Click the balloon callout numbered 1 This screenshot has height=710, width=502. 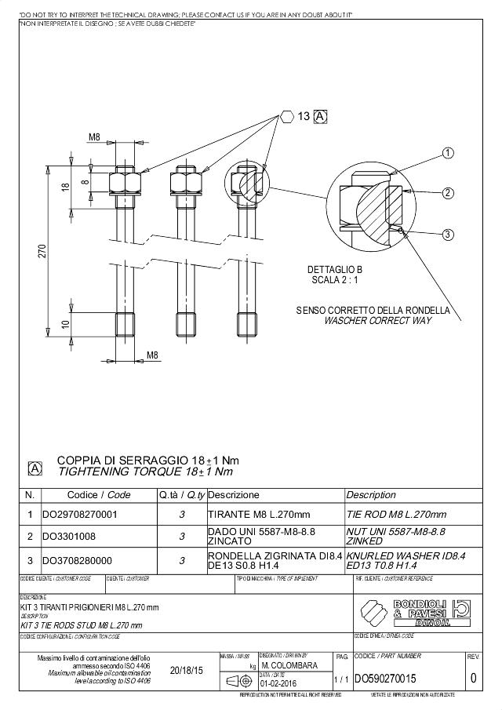[449, 152]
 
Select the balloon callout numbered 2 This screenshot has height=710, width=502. [449, 193]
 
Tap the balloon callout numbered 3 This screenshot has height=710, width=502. [449, 234]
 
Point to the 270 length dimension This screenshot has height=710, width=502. [44, 251]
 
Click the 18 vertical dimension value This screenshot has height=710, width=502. [66, 188]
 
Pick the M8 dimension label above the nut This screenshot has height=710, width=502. [94, 137]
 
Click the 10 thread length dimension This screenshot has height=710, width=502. [66, 323]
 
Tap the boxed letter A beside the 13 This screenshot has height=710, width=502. [320, 116]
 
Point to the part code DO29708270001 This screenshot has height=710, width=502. [80, 515]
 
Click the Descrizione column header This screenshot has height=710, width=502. [234, 495]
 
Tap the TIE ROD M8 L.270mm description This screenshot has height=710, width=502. [396, 515]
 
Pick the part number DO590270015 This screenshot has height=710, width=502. [387, 678]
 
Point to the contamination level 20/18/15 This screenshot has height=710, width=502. [186, 671]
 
